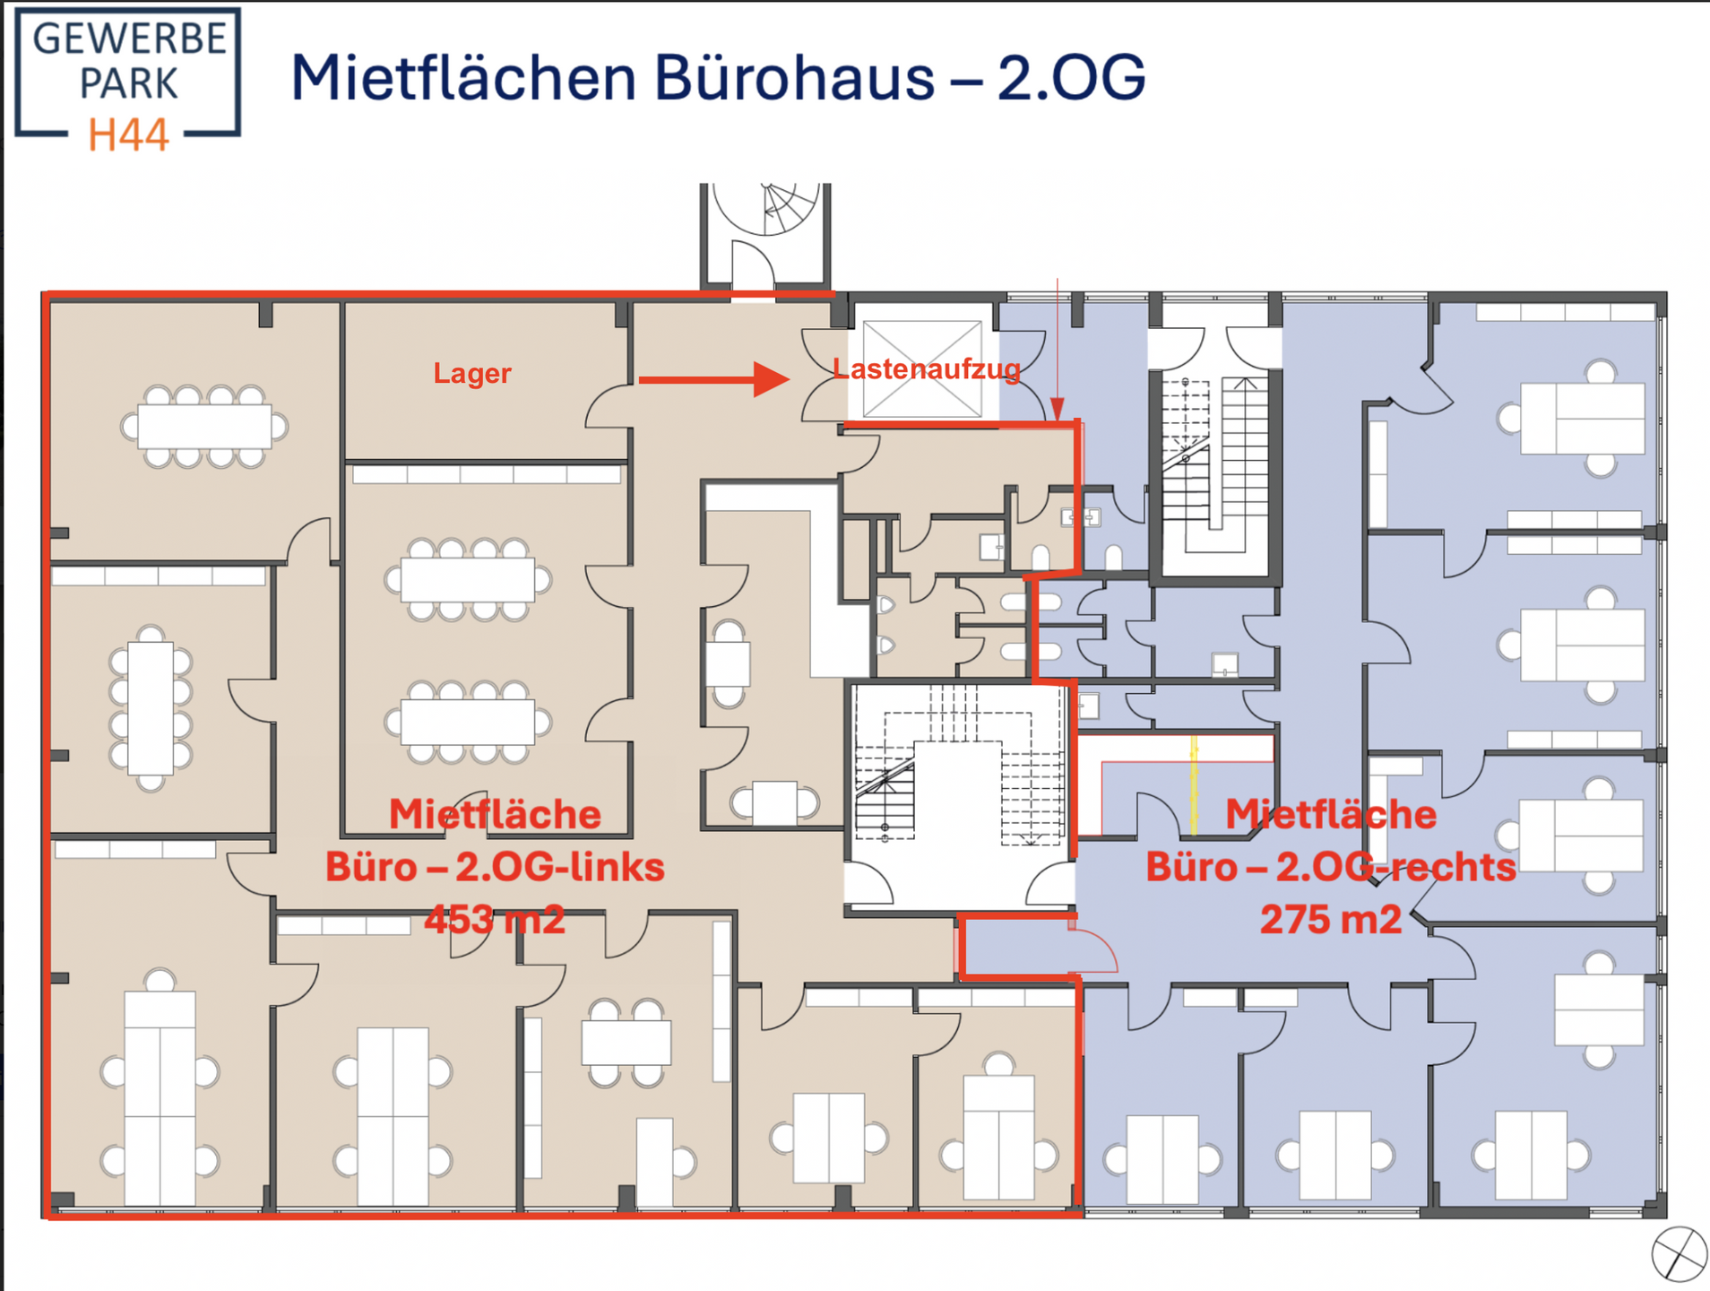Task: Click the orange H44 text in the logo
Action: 128,134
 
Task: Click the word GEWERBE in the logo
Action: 129,39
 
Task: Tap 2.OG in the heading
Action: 1071,77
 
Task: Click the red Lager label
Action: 472,373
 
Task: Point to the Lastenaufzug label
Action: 927,368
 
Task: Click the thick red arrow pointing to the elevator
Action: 714,379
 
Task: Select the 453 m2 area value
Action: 495,920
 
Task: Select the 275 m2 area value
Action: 1331,920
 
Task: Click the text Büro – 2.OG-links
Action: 495,867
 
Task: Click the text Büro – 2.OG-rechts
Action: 1331,867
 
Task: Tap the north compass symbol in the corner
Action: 1679,1253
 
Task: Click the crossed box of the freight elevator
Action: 921,368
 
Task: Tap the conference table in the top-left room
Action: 204,427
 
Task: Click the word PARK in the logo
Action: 129,84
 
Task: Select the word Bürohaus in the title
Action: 794,77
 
